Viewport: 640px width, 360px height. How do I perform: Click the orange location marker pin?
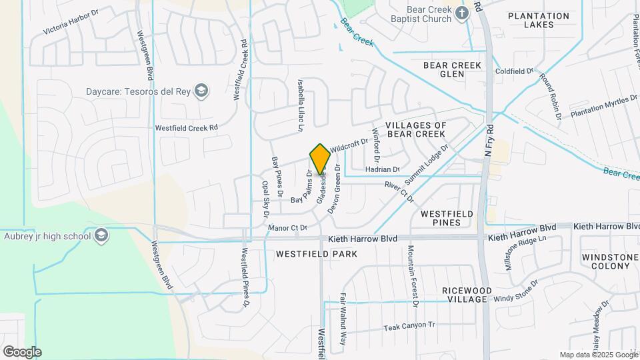320,159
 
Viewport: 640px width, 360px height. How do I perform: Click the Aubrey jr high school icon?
101,235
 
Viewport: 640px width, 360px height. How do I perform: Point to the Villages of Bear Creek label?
415,130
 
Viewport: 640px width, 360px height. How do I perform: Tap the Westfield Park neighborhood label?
317,254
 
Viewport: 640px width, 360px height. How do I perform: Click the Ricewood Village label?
465,295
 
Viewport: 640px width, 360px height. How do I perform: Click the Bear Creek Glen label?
452,69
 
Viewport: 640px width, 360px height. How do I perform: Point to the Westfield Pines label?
447,218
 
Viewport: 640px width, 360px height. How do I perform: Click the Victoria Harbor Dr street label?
71,22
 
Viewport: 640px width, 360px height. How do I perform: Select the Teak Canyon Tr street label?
409,327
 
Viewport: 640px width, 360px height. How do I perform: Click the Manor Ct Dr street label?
286,228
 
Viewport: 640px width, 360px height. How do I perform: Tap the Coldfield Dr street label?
514,71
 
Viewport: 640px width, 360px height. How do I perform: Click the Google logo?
22,351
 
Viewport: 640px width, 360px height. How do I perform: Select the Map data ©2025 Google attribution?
597,355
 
